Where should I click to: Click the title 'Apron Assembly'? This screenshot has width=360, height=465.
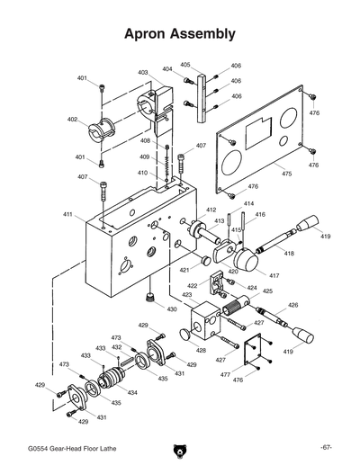point(180,34)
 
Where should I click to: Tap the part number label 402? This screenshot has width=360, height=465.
point(72,119)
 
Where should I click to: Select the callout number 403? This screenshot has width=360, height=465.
point(143,73)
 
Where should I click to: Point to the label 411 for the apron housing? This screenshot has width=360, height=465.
point(67,214)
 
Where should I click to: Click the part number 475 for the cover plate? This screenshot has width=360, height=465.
point(286,173)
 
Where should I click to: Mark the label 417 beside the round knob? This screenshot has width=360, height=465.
point(274,275)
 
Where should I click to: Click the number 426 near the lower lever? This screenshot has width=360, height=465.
point(292,305)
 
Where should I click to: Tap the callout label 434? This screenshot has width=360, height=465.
point(132,393)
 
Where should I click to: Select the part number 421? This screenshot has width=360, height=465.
point(184,269)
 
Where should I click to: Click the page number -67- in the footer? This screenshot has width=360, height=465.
point(326,447)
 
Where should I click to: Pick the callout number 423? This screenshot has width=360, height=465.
point(187,294)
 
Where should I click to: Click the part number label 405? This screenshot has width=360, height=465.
point(185,65)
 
